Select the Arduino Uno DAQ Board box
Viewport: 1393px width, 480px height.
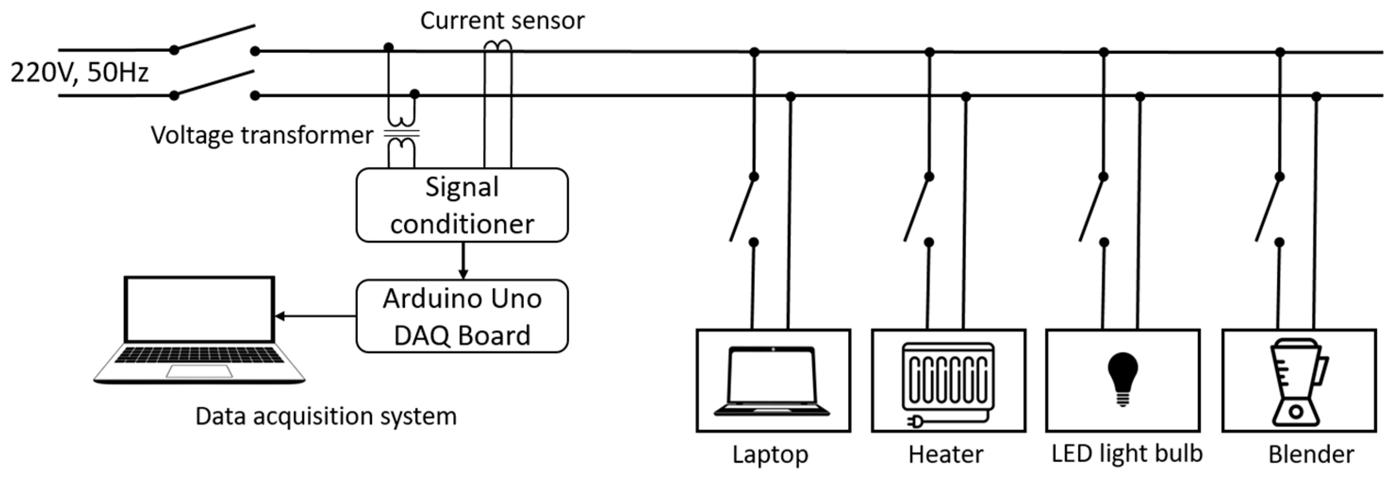pos(462,317)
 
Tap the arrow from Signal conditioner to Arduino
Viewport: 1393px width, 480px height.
pos(463,261)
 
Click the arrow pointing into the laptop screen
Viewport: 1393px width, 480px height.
pos(313,316)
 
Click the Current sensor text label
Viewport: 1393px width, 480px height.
pos(502,21)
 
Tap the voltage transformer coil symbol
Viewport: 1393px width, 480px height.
pos(402,133)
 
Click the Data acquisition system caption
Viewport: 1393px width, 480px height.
pos(326,416)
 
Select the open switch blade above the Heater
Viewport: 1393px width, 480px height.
pos(916,210)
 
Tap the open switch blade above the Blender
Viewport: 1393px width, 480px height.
pos(1268,210)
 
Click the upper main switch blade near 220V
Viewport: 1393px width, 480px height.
pos(214,37)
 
